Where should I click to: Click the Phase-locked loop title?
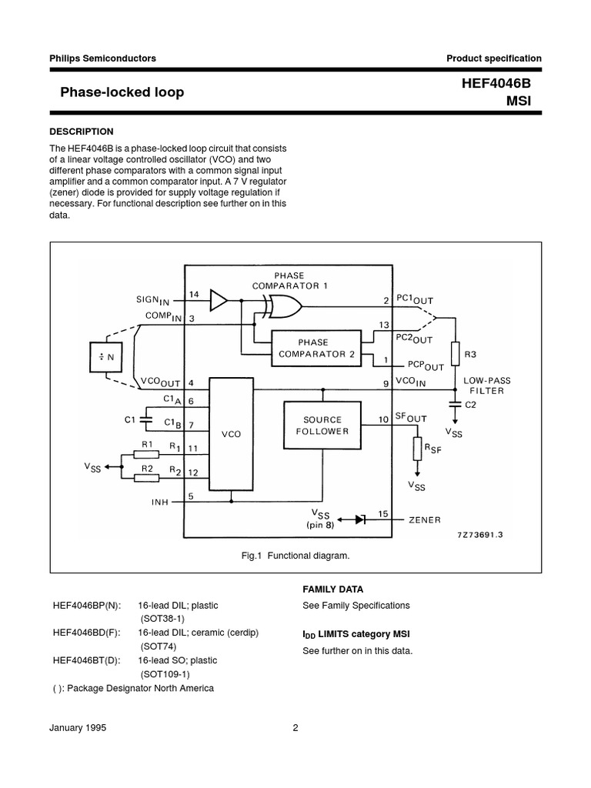(122, 92)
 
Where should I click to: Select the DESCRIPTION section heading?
(82, 132)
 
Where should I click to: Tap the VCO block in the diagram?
(231, 434)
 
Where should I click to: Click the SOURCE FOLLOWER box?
(322, 426)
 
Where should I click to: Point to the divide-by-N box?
(106, 356)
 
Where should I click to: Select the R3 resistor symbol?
(456, 354)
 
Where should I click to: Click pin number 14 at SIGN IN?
(194, 294)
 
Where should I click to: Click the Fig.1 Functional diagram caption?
(295, 555)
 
